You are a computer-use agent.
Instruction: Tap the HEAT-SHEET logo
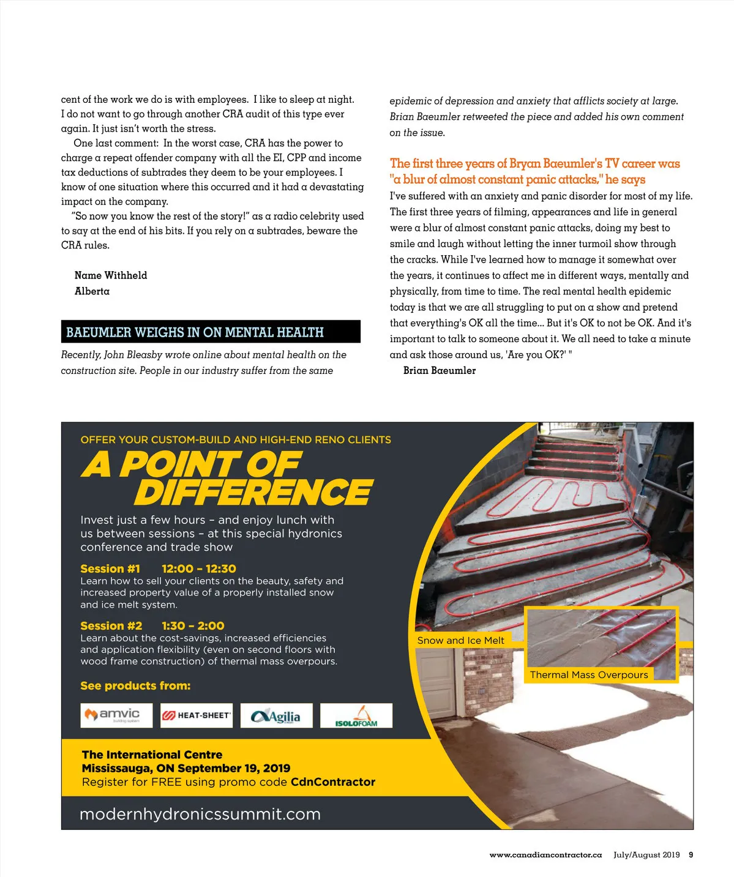pos(197,715)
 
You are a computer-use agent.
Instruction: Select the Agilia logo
pos(277,715)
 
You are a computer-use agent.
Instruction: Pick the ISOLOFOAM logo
pos(356,715)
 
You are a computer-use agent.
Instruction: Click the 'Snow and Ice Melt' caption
pos(460,640)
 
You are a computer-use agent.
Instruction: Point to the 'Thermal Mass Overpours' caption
pos(589,674)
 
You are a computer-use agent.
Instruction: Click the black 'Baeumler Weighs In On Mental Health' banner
pos(211,332)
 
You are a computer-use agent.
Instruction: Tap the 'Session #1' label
pos(110,569)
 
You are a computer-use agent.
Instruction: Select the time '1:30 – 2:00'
pos(193,625)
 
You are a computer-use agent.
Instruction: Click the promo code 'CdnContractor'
pos(333,782)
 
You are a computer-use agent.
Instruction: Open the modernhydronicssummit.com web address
pos(200,814)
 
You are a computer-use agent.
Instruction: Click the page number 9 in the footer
pos(691,855)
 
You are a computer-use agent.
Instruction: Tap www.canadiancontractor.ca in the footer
pos(545,855)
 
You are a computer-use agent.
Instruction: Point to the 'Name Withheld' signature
pos(111,275)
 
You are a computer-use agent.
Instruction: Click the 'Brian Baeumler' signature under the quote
pos(440,370)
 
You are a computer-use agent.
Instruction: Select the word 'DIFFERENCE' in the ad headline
pos(253,493)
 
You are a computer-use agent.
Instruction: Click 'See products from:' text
pos(135,685)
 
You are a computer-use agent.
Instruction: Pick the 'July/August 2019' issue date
pos(646,855)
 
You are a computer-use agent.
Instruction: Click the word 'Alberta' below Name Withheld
pos(92,291)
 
